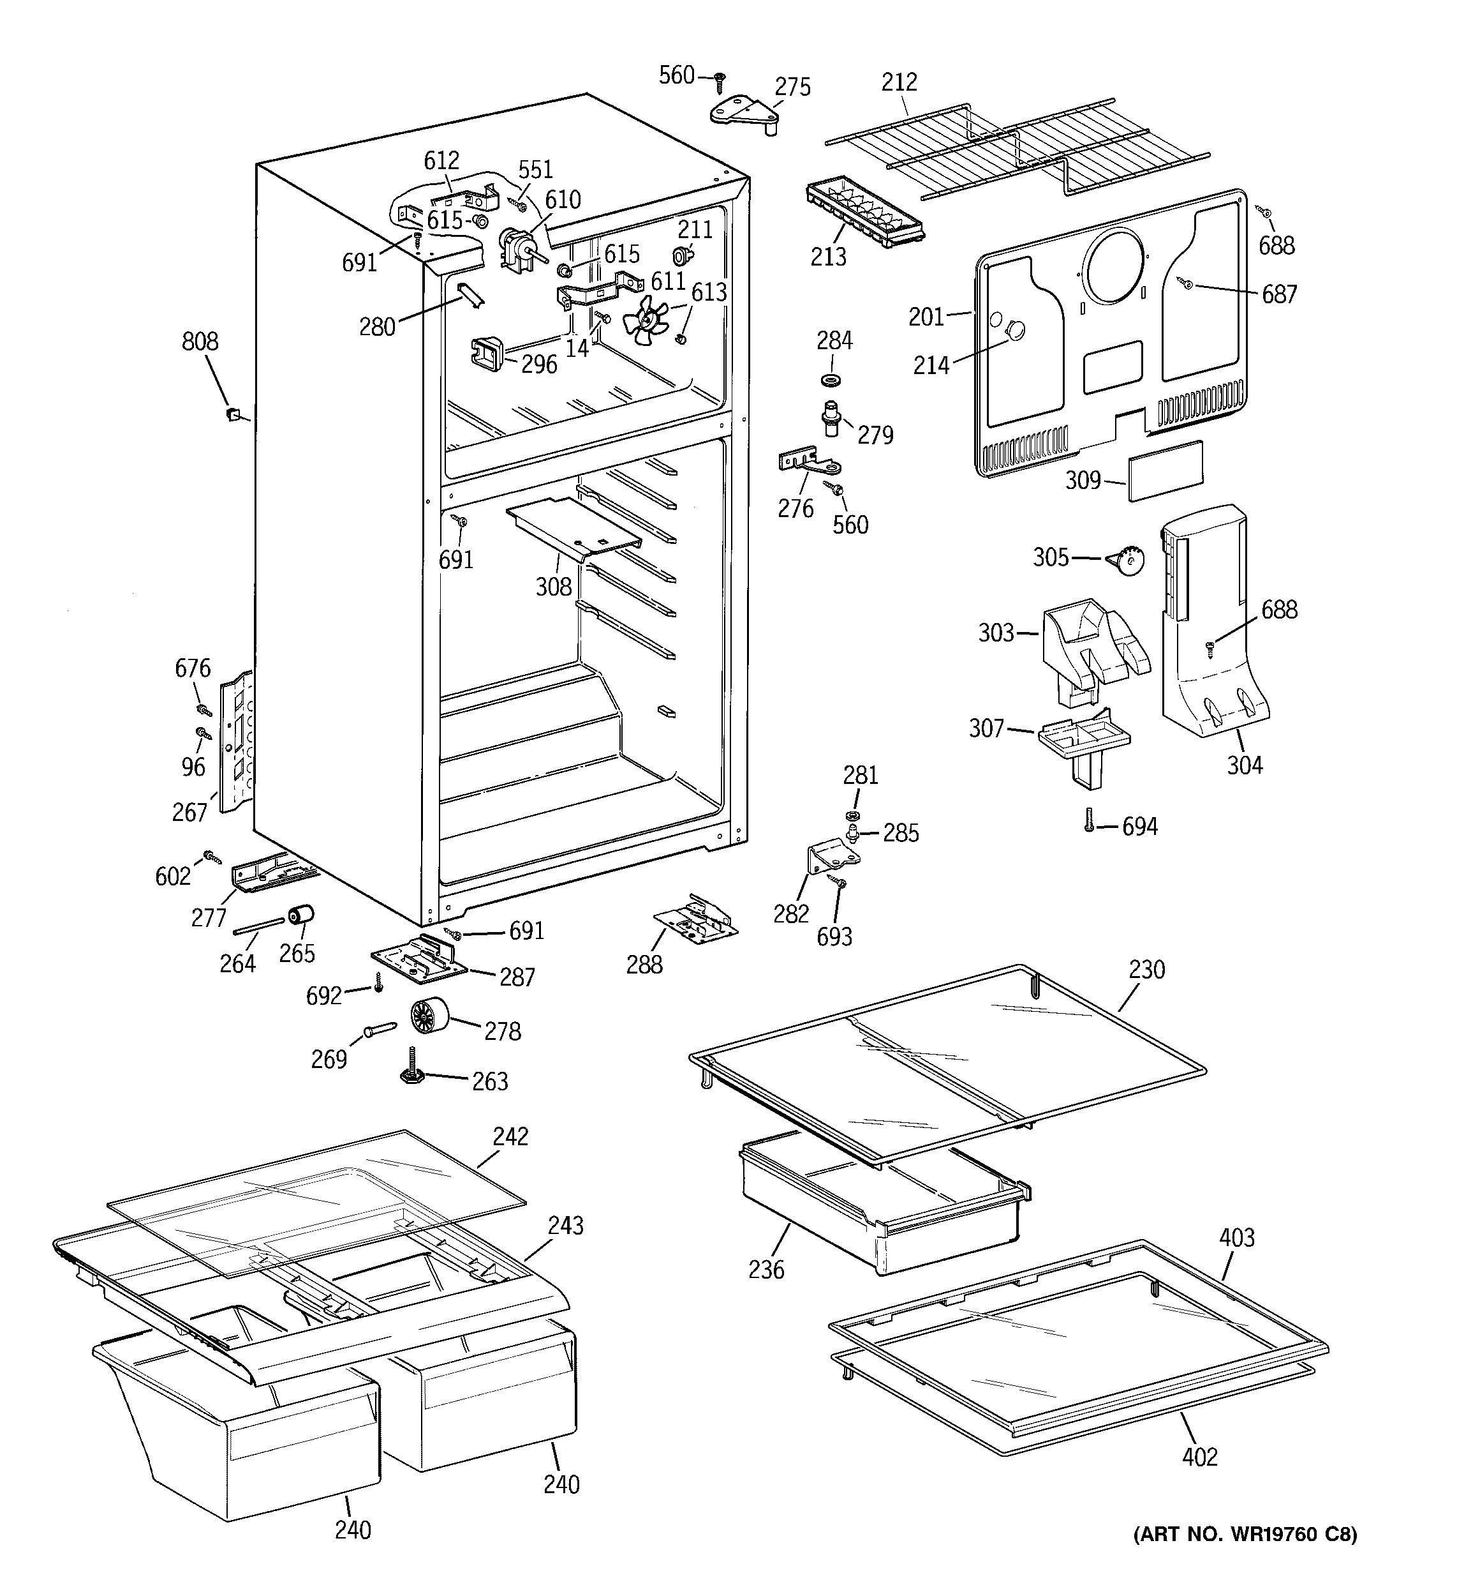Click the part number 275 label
[x=792, y=87]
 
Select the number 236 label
[x=766, y=1269]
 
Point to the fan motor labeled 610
[x=516, y=249]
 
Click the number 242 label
[x=510, y=1136]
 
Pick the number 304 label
[x=1244, y=765]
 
